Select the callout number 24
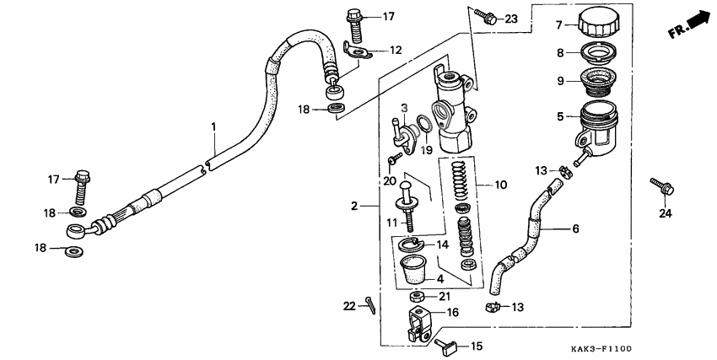pos(666,212)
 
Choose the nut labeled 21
pos(417,298)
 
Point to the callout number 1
pos(213,126)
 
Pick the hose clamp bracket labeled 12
pos(359,51)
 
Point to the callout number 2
pos(355,205)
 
